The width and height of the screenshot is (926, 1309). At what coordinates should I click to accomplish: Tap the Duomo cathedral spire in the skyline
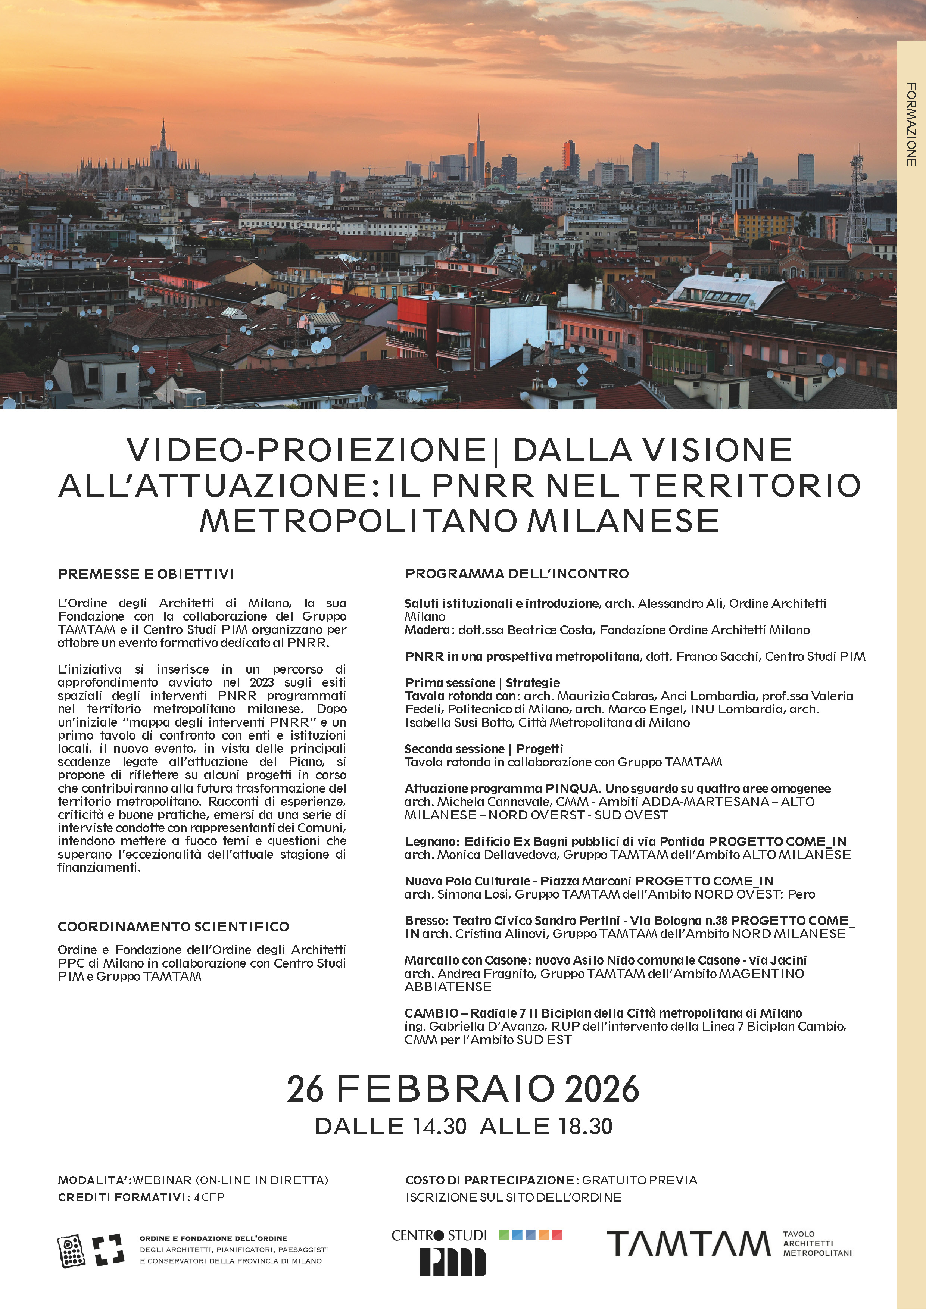pos(163,137)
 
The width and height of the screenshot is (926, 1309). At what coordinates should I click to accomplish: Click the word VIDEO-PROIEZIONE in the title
pos(306,450)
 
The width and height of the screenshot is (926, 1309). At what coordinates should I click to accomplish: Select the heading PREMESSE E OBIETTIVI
pos(146,574)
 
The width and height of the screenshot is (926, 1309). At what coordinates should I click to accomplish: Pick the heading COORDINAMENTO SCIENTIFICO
pos(173,927)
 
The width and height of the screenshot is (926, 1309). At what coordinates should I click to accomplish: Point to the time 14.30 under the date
pos(436,1127)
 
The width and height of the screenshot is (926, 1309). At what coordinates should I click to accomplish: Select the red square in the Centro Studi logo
pos(557,1234)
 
